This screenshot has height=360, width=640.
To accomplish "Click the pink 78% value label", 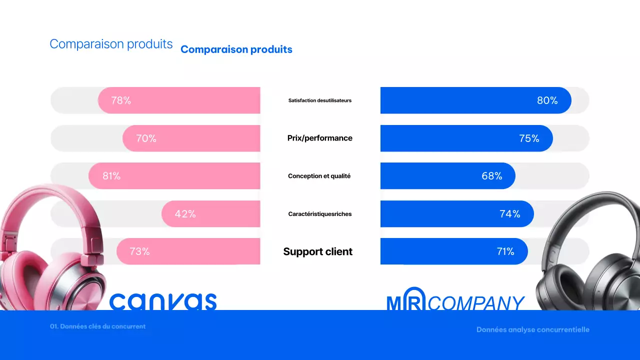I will [x=121, y=100].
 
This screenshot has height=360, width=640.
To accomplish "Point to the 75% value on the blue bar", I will [x=529, y=138].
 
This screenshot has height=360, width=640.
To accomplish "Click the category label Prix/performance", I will [x=320, y=138].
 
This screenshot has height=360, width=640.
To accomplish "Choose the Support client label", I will [x=318, y=251].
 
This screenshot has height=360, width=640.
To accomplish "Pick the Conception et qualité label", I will [x=319, y=176].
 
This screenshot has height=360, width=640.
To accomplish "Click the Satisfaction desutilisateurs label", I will [x=320, y=100].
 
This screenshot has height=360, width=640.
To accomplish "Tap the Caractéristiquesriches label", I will [x=320, y=214].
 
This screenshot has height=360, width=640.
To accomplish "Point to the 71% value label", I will [x=505, y=251].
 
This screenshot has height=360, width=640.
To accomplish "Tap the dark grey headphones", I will [x=590, y=255].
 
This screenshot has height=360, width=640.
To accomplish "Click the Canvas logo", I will [x=163, y=301].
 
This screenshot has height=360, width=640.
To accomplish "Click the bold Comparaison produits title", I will [x=236, y=49].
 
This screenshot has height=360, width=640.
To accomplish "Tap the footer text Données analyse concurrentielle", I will [x=533, y=329].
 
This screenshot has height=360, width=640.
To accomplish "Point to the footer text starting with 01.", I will [x=98, y=326].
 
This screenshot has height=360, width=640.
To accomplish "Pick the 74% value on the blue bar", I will [x=510, y=214].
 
